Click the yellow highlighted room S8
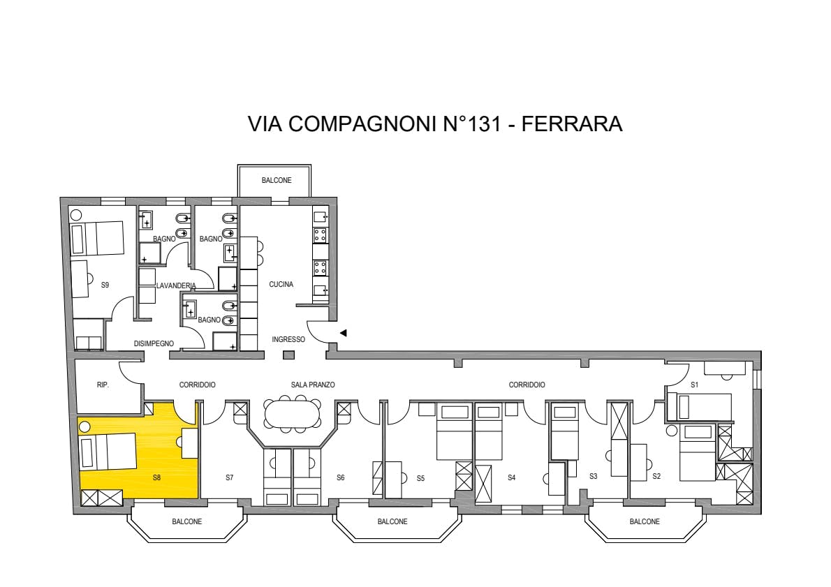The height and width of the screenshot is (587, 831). tap(159, 466)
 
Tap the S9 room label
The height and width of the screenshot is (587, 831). tap(105, 285)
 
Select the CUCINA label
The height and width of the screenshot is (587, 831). tap(281, 285)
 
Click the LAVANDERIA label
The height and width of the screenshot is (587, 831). tap(176, 285)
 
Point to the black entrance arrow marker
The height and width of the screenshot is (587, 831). tap(344, 333)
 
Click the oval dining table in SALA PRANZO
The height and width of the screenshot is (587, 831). tap(293, 413)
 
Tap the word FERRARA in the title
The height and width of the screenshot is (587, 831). tap(572, 124)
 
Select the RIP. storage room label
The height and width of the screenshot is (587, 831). tap(103, 385)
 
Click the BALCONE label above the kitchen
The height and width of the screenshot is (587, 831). tap(277, 181)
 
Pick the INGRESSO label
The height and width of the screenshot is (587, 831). tap(288, 340)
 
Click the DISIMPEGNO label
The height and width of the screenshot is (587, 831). tap(154, 344)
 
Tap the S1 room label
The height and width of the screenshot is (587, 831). tap(695, 385)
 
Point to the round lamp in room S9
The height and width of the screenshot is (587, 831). tap(76, 214)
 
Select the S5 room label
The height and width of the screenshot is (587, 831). tap(420, 478)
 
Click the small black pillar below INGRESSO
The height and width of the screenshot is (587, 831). tap(288, 355)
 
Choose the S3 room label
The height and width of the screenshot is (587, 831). tap(594, 476)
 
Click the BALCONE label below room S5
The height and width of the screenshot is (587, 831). tap(392, 522)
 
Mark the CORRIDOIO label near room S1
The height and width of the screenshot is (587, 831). tap(527, 385)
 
